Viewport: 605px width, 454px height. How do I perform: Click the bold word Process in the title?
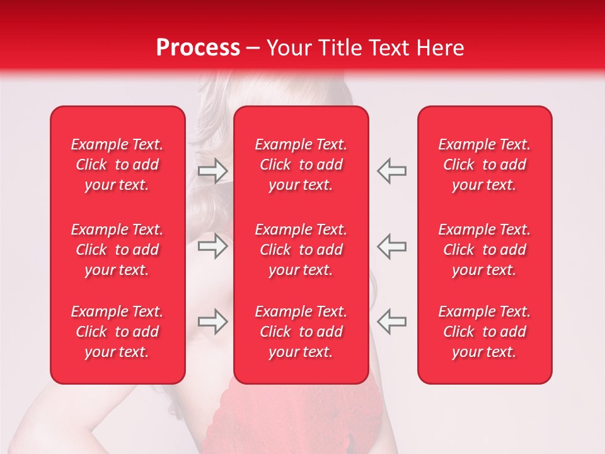pos(198,48)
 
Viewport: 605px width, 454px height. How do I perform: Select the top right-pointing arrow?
pos(213,171)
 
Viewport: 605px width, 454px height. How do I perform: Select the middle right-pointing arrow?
pos(213,247)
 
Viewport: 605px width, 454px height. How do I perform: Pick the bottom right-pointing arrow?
pos(213,322)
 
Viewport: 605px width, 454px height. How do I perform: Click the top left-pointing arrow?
pos(391,171)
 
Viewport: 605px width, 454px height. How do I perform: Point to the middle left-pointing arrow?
pos(391,247)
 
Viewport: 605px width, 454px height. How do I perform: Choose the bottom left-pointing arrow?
pos(391,322)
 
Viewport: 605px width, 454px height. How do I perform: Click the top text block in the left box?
pos(117,165)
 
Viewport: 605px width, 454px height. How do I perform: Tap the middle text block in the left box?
pos(117,250)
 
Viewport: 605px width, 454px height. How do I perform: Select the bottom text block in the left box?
pos(117,332)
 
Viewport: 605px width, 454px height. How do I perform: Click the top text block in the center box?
pos(301,165)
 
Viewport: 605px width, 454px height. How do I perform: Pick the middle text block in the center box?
pos(301,250)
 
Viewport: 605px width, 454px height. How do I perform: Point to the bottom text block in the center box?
pos(301,332)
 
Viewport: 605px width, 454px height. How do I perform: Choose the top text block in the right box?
pos(485,165)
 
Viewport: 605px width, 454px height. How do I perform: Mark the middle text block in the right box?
pos(485,250)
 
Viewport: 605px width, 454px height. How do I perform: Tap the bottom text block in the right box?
pos(485,332)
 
